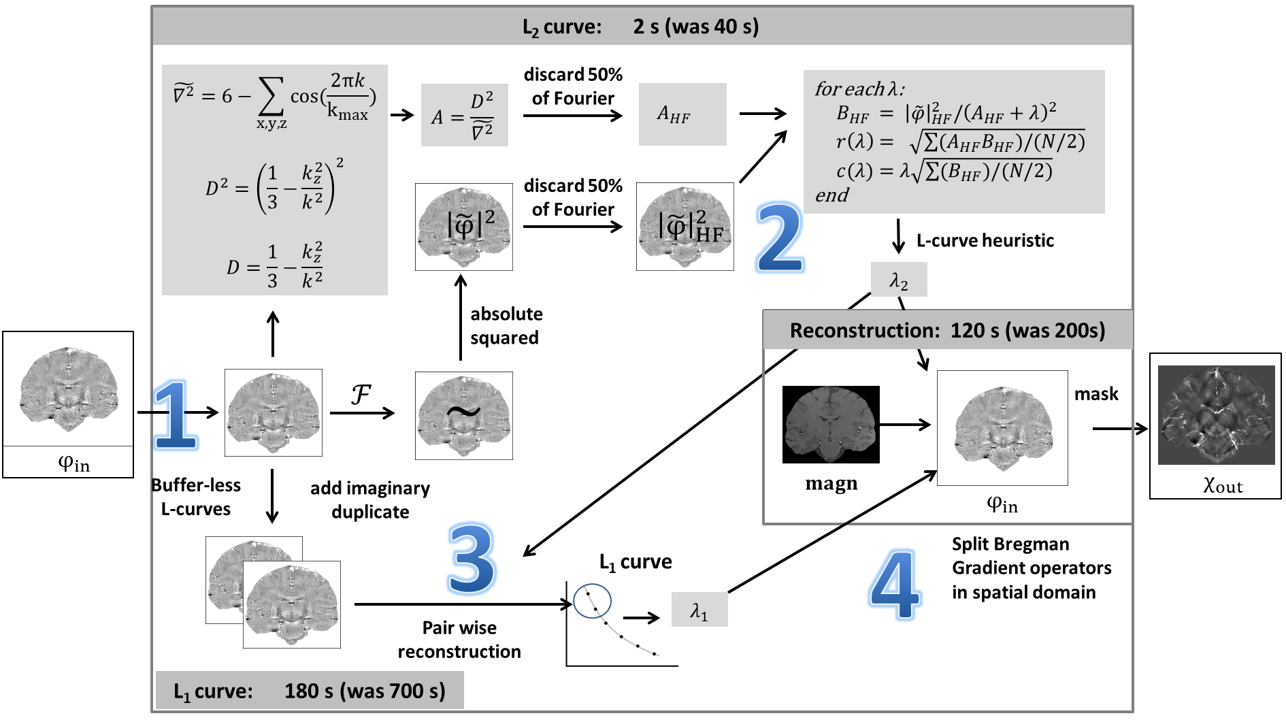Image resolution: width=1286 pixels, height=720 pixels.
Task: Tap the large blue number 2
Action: [x=780, y=238]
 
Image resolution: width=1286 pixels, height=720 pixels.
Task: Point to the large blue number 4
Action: [x=895, y=585]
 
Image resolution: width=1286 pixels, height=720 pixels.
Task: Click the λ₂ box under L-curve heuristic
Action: [x=899, y=280]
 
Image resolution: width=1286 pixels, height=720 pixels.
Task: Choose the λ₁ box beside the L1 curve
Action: [x=699, y=610]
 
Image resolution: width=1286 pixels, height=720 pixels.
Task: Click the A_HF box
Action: [x=682, y=114]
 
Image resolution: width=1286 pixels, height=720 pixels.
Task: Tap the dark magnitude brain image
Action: [x=831, y=425]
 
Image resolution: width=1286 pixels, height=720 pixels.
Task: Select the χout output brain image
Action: [x=1216, y=415]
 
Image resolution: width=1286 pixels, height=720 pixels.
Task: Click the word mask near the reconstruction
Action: [x=1096, y=394]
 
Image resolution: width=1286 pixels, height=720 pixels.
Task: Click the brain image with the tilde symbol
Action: [x=464, y=415]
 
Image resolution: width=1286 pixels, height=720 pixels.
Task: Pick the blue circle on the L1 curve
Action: [x=592, y=601]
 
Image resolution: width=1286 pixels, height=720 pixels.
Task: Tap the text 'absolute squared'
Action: [x=506, y=326]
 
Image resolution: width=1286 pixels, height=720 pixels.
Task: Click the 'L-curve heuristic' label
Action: [x=985, y=241]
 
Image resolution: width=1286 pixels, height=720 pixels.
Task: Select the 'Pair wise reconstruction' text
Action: [x=459, y=640]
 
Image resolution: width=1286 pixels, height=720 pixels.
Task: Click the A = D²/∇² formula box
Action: [x=464, y=115]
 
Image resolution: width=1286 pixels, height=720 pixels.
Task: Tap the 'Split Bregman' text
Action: [x=1010, y=544]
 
